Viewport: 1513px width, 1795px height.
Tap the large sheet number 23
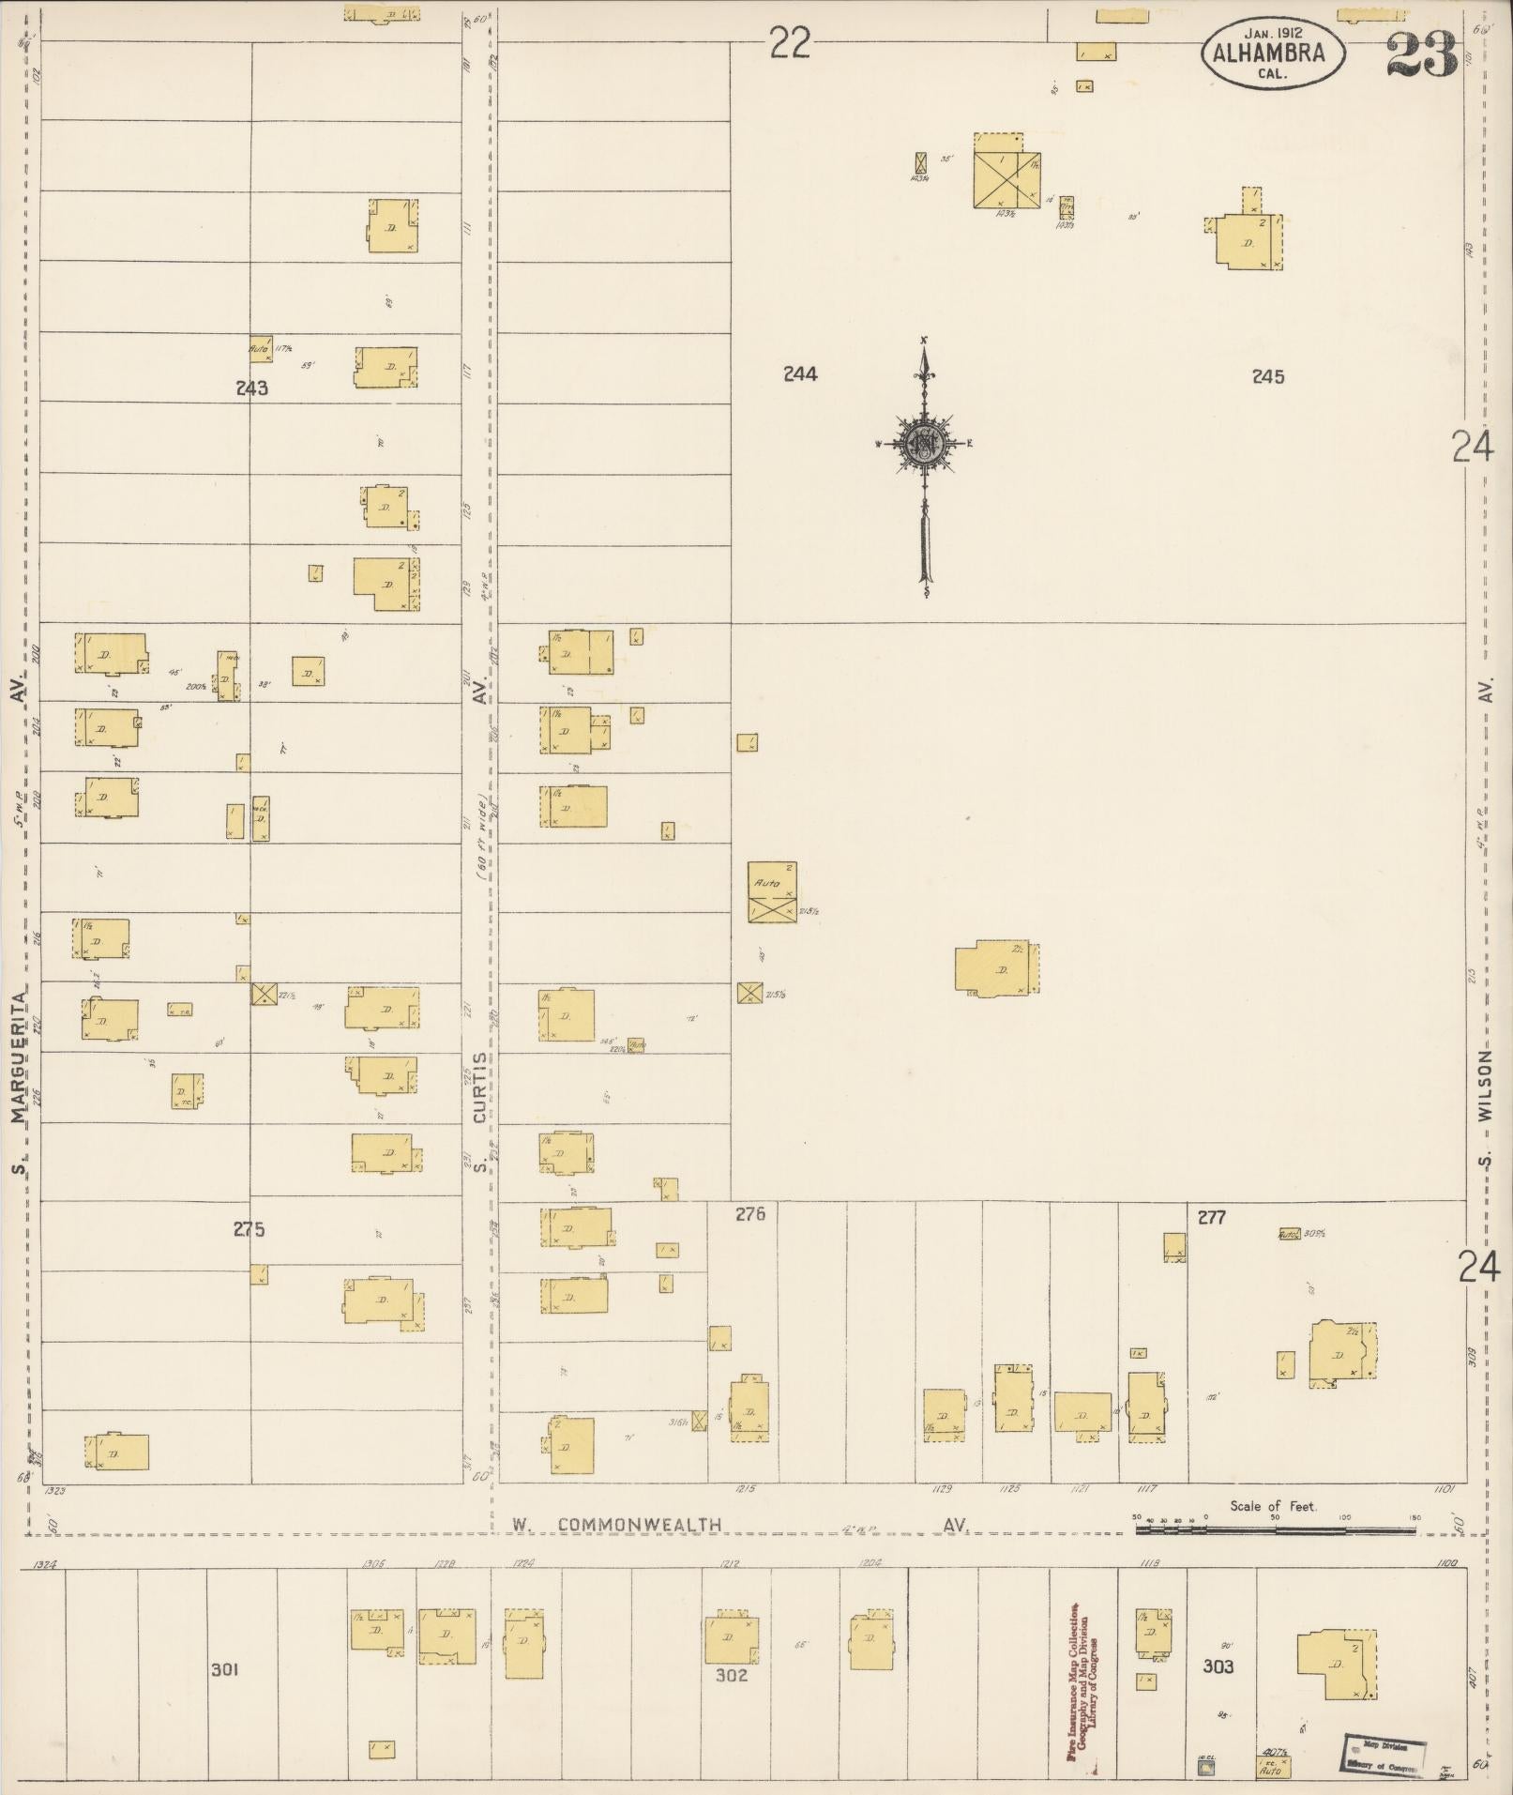click(x=1421, y=56)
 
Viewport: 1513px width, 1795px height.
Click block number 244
click(x=800, y=374)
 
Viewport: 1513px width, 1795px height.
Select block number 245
click(x=1267, y=376)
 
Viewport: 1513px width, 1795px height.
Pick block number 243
click(x=252, y=388)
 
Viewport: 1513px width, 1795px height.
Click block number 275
click(x=250, y=1229)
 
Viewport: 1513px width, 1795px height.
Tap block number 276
click(x=750, y=1214)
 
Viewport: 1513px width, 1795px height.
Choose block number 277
click(x=1212, y=1217)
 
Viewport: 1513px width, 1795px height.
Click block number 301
click(x=225, y=1669)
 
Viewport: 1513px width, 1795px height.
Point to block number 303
click(x=1218, y=1666)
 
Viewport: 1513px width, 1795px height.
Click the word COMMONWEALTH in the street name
click(x=640, y=1525)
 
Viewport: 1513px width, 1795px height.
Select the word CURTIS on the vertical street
click(x=480, y=1088)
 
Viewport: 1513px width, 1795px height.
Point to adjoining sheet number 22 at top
click(x=789, y=43)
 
